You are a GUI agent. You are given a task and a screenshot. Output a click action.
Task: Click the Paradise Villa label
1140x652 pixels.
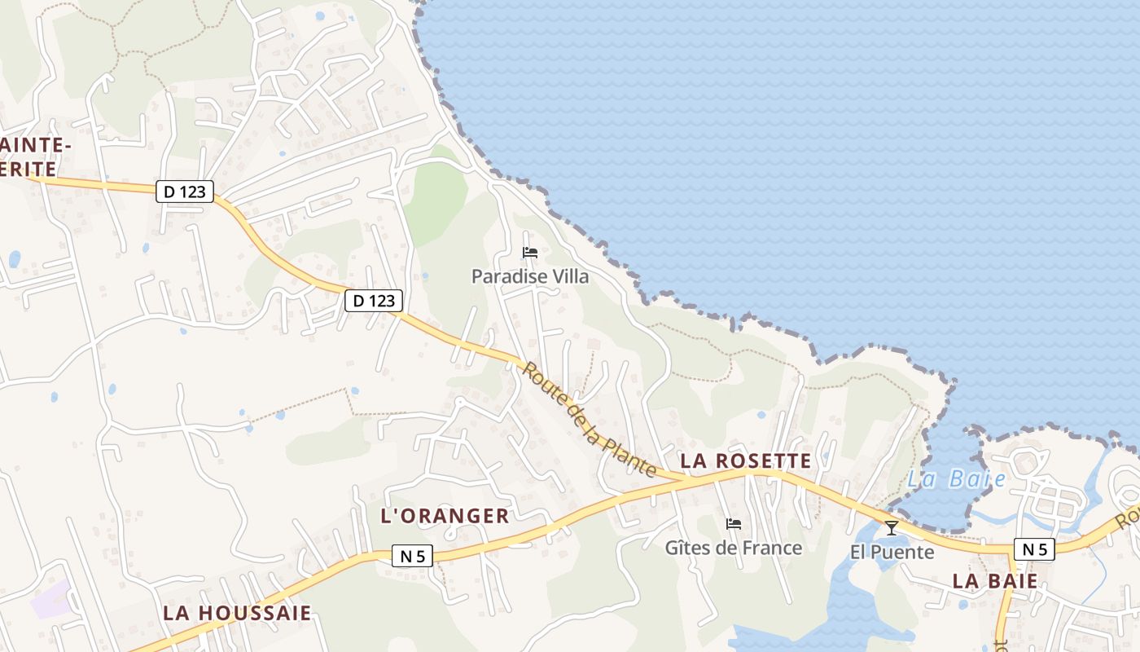click(530, 276)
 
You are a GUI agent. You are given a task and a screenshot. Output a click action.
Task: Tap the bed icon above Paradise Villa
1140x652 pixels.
click(530, 252)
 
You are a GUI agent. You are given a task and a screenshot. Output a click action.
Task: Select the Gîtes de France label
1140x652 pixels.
click(734, 548)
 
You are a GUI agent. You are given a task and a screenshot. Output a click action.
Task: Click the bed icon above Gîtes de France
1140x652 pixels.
click(734, 523)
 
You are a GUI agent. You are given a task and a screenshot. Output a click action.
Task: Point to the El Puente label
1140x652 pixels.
click(892, 552)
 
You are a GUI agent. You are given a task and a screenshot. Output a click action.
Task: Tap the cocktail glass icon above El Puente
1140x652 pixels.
click(892, 528)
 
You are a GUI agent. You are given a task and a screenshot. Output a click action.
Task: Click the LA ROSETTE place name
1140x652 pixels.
click(746, 461)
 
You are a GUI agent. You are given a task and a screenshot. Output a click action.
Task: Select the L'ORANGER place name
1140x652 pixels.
click(445, 516)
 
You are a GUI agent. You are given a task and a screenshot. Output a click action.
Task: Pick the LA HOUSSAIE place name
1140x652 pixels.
click(238, 613)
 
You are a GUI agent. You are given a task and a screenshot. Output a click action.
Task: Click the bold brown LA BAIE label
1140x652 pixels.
click(995, 581)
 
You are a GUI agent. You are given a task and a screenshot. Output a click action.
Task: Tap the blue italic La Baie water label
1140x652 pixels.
click(957, 478)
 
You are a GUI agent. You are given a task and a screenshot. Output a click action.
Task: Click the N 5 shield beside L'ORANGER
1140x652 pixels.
click(413, 557)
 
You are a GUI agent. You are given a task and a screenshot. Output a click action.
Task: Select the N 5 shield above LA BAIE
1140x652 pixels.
click(1034, 549)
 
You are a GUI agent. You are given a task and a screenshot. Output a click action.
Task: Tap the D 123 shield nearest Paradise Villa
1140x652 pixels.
click(374, 301)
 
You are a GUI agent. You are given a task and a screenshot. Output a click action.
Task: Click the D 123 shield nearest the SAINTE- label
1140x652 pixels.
click(185, 192)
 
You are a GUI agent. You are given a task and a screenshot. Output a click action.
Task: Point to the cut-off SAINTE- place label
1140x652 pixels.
click(33, 145)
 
